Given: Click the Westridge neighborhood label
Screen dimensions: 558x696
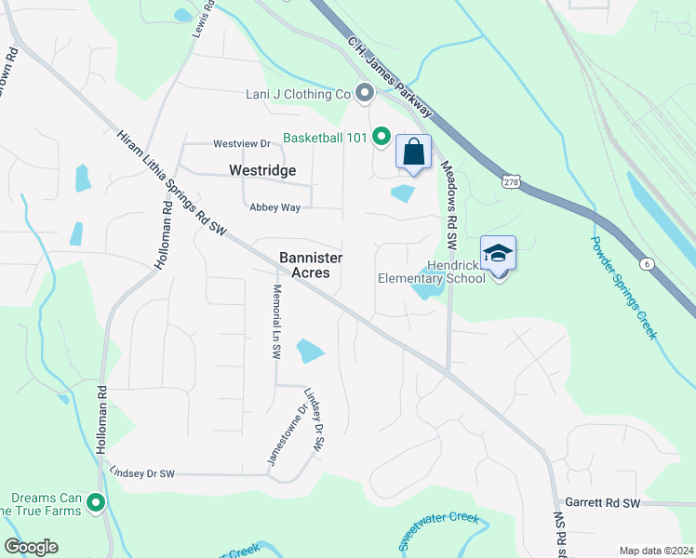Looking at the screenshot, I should (x=262, y=170).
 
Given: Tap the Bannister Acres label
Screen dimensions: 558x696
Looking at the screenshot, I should (x=311, y=265).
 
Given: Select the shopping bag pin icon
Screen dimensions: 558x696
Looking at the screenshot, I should (x=413, y=153).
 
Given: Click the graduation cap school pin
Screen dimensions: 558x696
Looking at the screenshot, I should (x=498, y=254).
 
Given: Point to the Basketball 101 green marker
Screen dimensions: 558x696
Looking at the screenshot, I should (x=381, y=138).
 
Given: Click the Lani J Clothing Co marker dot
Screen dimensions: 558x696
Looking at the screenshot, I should (x=365, y=93).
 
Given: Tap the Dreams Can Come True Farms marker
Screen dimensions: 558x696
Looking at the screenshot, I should (x=95, y=504).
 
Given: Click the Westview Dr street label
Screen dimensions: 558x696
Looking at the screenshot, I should (x=241, y=144).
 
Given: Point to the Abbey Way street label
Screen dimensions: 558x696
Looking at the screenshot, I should (x=274, y=207).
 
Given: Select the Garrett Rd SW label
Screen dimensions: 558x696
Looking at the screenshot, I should (x=603, y=503).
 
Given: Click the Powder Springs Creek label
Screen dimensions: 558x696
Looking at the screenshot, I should (x=624, y=287).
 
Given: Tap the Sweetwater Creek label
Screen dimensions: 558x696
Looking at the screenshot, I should (x=438, y=531).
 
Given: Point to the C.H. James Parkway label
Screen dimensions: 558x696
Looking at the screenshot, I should (x=390, y=76).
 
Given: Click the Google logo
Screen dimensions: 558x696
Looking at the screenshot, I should (x=32, y=547).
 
